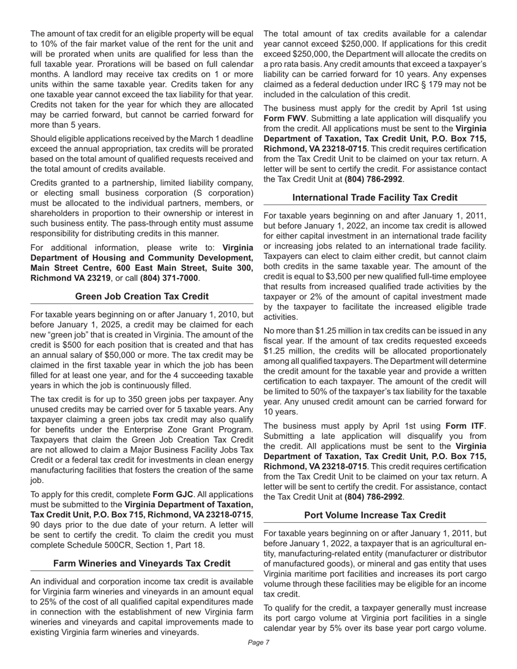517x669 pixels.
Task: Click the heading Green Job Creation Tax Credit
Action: click(141, 296)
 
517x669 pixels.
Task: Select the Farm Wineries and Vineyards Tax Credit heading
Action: click(141, 563)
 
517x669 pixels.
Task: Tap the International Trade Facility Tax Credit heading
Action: click(375, 197)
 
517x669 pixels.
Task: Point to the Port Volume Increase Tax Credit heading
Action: click(375, 515)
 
